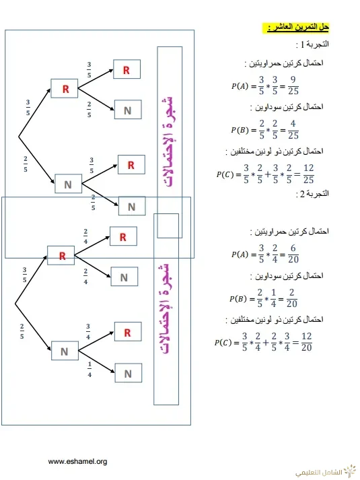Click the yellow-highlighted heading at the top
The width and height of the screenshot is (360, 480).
coord(295,28)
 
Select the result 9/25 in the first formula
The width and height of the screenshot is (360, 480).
coord(293,85)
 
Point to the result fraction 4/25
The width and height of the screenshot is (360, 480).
coord(293,129)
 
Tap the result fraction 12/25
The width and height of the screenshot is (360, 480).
coord(308,174)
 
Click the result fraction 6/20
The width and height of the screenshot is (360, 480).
coord(293,254)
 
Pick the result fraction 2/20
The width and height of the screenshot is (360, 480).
coord(291,298)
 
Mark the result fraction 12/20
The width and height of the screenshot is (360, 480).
coord(306,342)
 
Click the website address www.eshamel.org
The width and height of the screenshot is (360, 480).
coord(77,461)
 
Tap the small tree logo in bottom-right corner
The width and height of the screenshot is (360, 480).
coord(350,471)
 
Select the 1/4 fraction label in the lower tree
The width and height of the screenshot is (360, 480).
coord(89,370)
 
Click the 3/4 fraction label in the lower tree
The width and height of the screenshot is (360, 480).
coord(88,331)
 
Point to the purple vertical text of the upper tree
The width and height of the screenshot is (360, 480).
coord(168,142)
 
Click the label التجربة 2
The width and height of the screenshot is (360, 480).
coord(313,194)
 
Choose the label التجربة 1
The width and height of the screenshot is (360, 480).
coord(313,44)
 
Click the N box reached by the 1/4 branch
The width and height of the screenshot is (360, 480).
coord(128,373)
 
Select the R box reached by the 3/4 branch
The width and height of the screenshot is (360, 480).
coord(128,331)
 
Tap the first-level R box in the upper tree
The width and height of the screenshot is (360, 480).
coord(64,88)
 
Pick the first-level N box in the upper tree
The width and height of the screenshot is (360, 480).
coord(68,184)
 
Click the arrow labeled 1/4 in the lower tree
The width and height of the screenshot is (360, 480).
coord(96,362)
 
